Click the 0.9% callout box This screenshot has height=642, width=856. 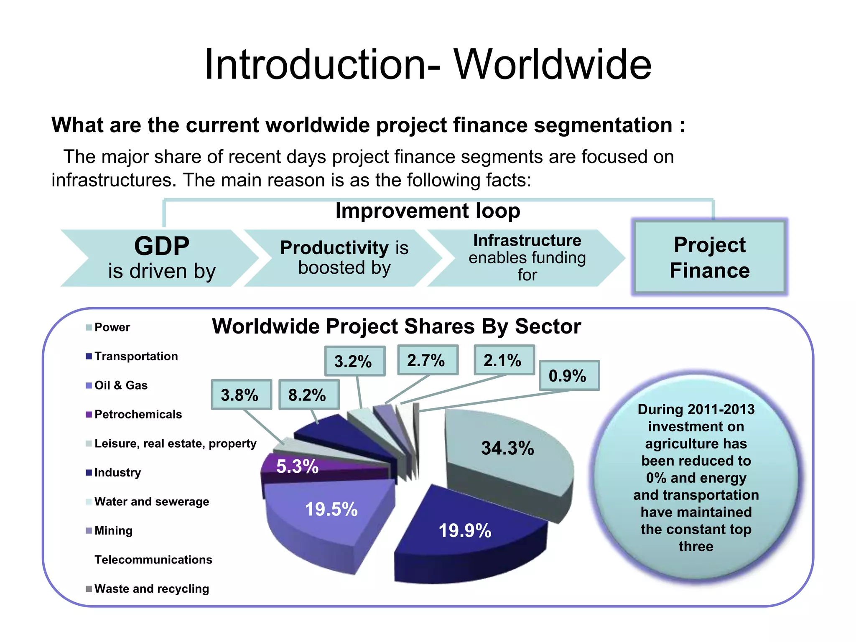569,375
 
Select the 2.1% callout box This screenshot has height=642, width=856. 504,360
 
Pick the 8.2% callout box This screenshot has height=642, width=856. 308,395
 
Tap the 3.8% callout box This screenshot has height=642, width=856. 241,395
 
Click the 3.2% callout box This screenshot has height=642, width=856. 354,361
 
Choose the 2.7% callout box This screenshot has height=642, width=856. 427,360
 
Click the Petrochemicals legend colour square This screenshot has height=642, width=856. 89,415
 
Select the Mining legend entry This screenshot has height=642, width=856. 113,531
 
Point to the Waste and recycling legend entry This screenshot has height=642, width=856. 151,589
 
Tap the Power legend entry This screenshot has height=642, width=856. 112,327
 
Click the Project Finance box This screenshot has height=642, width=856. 709,257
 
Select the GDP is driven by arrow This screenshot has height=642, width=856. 161,258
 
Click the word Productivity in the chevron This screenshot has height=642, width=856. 334,247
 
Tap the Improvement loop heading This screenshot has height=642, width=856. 428,211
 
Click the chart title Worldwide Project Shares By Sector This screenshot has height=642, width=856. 396,326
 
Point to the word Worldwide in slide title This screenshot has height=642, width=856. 553,65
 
